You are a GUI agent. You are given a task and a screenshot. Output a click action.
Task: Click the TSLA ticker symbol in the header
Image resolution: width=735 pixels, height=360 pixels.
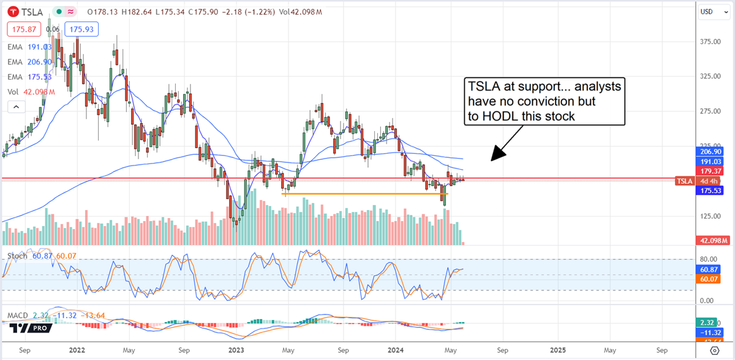pos(31,12)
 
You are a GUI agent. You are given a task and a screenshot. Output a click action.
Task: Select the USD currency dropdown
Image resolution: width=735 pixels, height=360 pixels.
pos(710,12)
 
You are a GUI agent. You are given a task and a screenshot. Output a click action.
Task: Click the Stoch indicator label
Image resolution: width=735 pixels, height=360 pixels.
pos(17,256)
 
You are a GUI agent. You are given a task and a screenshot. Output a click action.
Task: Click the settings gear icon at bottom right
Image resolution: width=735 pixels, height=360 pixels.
pos(714,350)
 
